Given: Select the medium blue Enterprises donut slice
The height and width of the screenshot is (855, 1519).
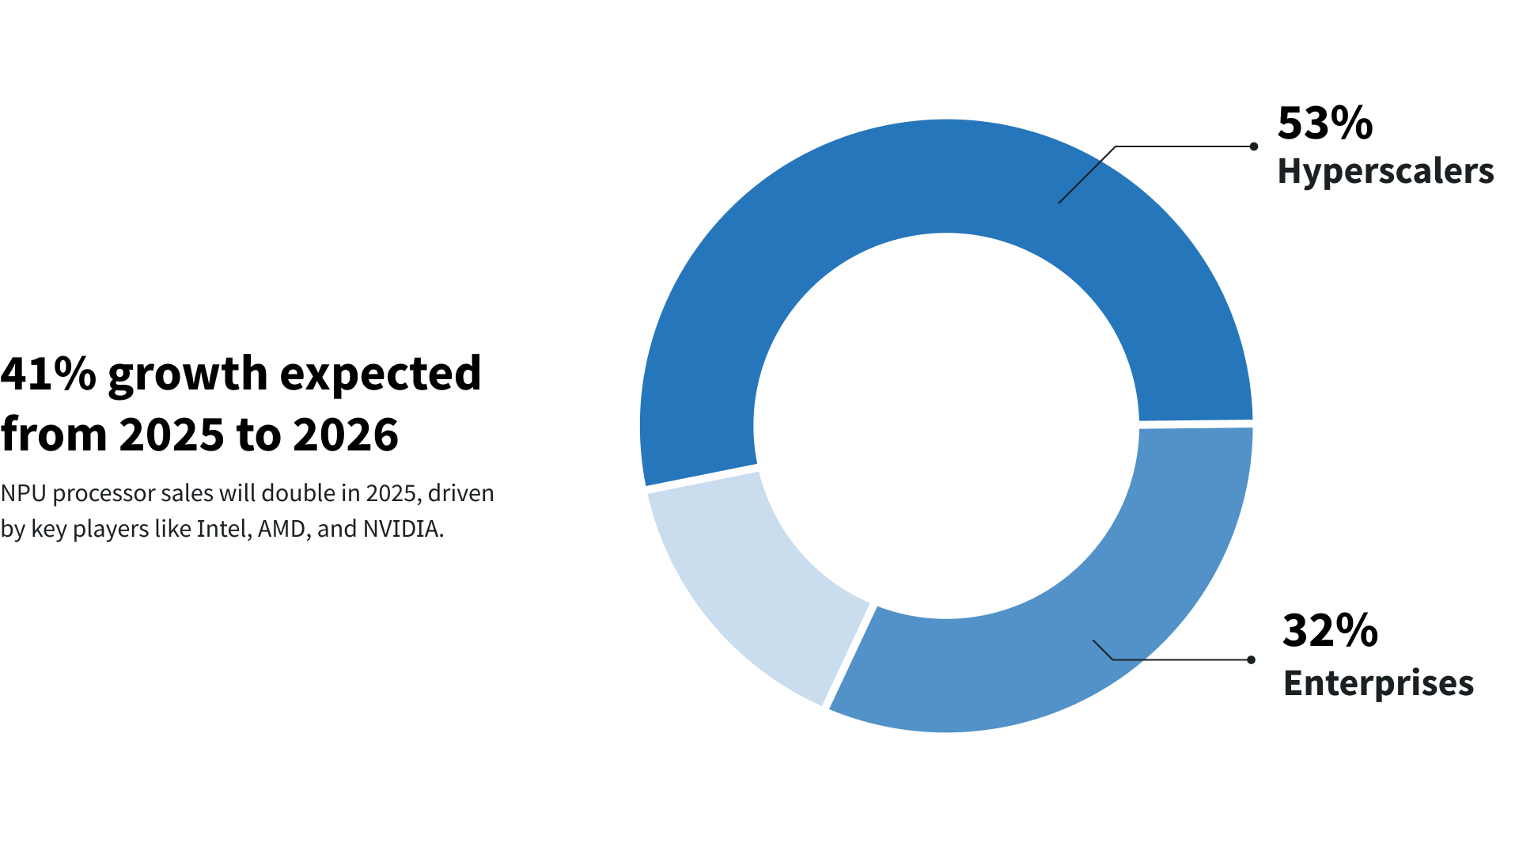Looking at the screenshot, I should pos(1108,617).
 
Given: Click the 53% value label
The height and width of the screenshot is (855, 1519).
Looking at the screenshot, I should pos(1324,123).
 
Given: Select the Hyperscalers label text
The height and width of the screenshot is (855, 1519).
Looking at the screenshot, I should pos(1385,172).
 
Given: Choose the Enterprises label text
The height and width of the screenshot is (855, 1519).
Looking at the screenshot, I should pos(1378,683).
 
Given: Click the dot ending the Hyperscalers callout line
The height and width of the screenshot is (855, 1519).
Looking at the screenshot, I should pos(1253,146).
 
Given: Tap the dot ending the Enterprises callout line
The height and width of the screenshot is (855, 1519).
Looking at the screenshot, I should pos(1251,659).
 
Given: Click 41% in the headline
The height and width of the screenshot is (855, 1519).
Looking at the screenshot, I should pos(48,374).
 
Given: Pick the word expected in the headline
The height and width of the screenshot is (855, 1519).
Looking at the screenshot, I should pos(381,375).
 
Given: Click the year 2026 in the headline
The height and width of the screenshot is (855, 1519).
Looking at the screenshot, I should pos(346,435).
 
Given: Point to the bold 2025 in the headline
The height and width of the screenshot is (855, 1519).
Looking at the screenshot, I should pos(172,435).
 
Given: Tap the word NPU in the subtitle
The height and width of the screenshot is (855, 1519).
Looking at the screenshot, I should pos(23,493).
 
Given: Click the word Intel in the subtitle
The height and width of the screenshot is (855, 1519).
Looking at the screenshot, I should pos(223,529).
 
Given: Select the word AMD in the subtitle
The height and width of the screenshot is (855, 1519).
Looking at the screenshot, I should pos(282,529).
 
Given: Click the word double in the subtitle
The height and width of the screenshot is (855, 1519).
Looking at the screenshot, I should pos(298,493).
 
